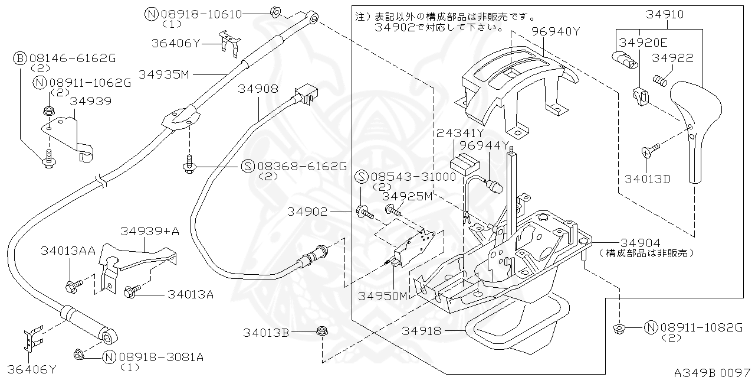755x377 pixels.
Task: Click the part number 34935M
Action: [163, 74]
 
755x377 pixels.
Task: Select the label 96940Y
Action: [556, 31]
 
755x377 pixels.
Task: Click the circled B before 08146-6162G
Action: [19, 58]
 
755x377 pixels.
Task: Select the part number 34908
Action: [258, 89]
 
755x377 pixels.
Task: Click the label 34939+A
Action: [149, 231]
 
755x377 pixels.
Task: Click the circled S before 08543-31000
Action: [361, 177]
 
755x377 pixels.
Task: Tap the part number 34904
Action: [640, 242]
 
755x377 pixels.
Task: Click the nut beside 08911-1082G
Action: [619, 328]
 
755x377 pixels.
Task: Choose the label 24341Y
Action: [459, 134]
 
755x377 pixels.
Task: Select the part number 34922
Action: [672, 58]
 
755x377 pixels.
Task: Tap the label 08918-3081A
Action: [161, 356]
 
